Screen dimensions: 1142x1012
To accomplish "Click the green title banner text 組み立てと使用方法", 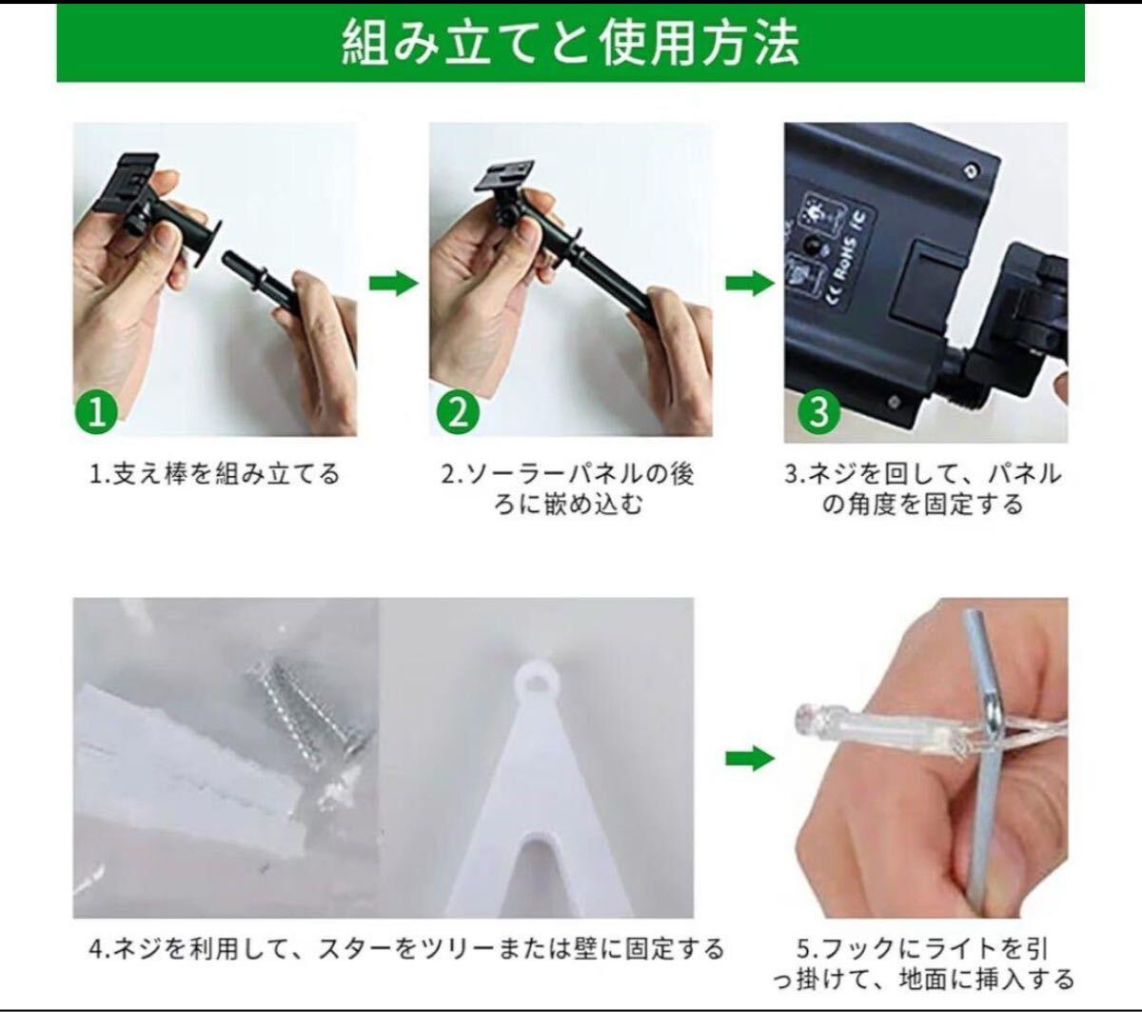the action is [x=570, y=43].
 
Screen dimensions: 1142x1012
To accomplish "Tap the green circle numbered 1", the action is [x=96, y=412].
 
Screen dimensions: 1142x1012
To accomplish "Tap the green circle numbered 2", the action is [x=458, y=412].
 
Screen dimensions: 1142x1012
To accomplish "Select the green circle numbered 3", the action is [x=818, y=412].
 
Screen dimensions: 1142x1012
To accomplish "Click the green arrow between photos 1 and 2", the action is [x=393, y=283].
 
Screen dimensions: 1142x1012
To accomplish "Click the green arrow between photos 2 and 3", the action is [x=750, y=283].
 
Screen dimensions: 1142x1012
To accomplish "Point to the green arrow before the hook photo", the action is [x=750, y=758].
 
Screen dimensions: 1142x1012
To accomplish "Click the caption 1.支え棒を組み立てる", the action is [x=215, y=473].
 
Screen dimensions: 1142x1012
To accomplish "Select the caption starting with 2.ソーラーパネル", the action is [x=567, y=488].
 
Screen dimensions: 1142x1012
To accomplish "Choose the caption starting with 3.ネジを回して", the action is [x=923, y=488].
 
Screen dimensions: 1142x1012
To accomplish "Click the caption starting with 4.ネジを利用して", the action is [x=405, y=949].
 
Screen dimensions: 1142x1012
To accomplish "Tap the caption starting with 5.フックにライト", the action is [x=923, y=964].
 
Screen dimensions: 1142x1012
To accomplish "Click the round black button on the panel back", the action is [x=813, y=244].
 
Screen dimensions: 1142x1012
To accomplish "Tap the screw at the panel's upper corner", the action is [x=971, y=169].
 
